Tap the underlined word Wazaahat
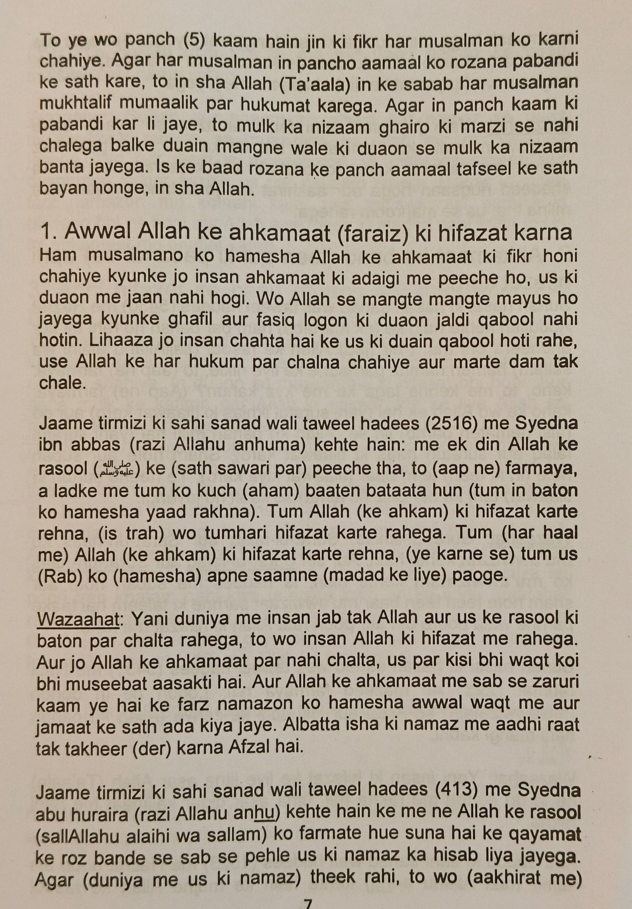click(x=78, y=619)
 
